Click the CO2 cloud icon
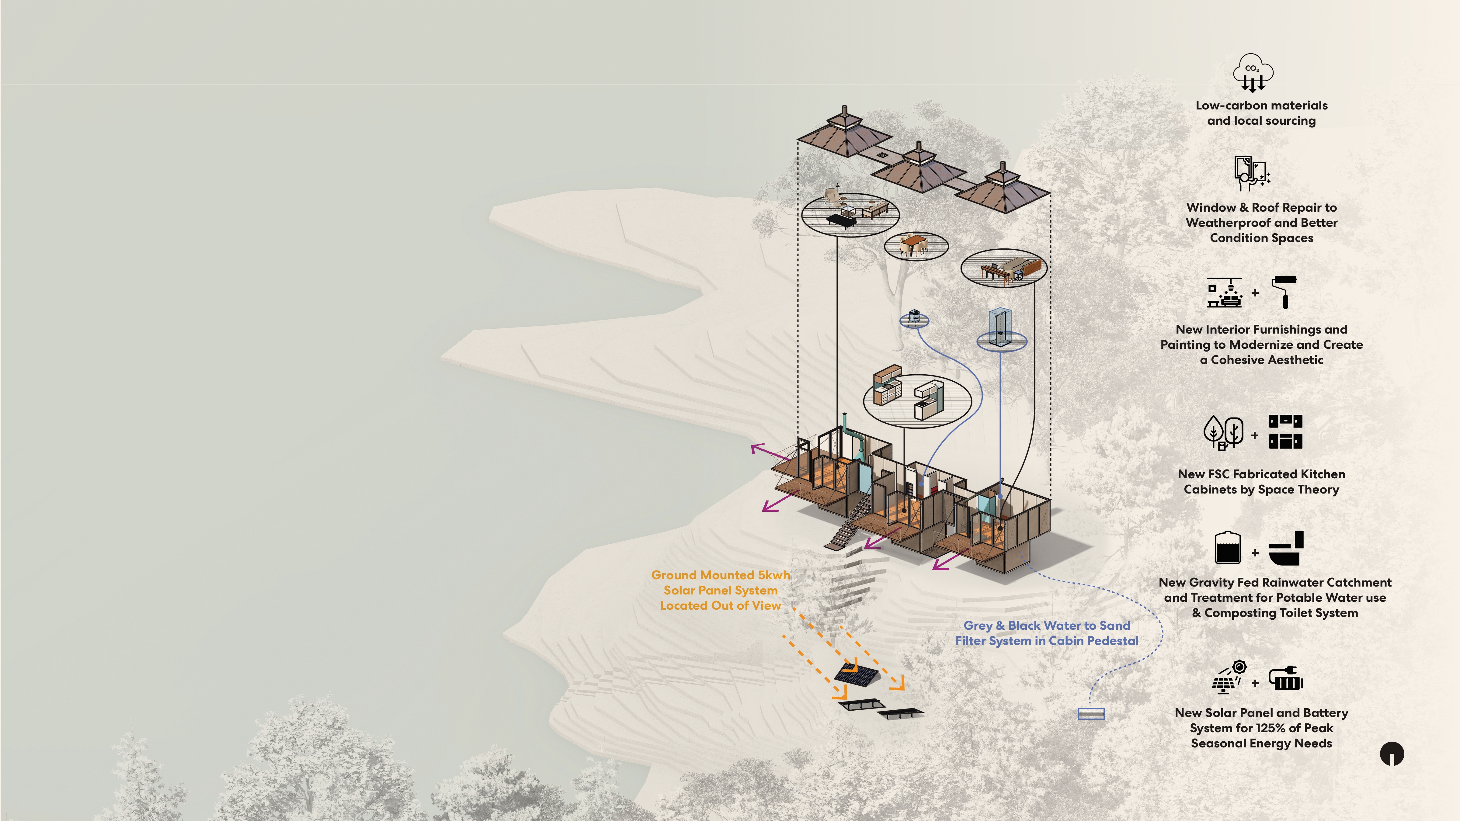(1253, 73)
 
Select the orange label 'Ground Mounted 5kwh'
(720, 575)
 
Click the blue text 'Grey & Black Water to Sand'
(1047, 625)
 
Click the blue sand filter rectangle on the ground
(1091, 714)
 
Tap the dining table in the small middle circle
(914, 243)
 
